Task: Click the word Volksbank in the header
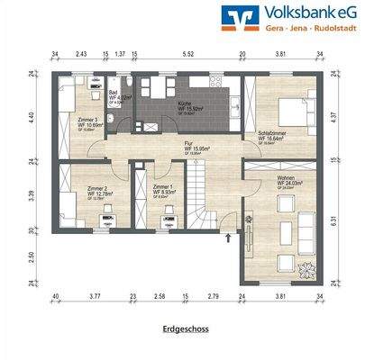pos(301,13)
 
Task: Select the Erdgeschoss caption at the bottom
pos(187,330)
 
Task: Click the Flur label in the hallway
pos(190,144)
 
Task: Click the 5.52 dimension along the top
pos(188,55)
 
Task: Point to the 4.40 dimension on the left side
pos(31,116)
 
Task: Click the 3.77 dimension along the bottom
pos(94,295)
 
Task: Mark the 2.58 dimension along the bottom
pos(160,295)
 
